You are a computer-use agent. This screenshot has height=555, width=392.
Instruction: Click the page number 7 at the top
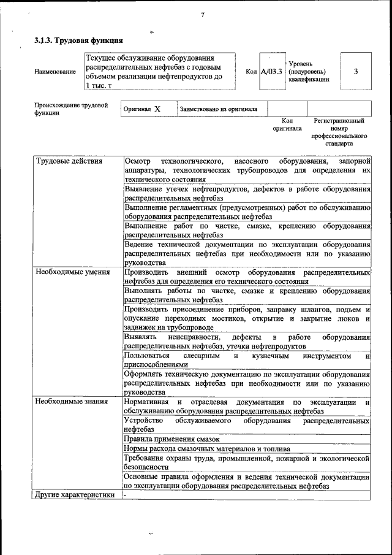tap(202, 15)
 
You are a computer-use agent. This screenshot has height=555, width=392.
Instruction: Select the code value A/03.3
tap(271, 72)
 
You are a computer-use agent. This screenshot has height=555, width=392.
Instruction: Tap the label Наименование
tap(56, 72)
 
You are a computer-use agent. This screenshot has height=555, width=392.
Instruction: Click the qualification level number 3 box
tap(356, 71)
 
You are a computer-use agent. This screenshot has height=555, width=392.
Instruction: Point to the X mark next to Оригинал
tap(157, 109)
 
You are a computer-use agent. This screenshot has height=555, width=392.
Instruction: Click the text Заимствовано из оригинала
tap(218, 109)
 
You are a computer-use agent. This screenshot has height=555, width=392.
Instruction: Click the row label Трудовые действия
tap(69, 161)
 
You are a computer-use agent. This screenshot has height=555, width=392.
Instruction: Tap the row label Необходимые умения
tap(72, 272)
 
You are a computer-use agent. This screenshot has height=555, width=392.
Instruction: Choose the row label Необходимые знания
tap(71, 402)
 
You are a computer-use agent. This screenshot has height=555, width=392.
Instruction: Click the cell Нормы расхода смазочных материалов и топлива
tap(208, 449)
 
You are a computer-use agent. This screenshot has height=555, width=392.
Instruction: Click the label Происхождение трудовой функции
tap(71, 109)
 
